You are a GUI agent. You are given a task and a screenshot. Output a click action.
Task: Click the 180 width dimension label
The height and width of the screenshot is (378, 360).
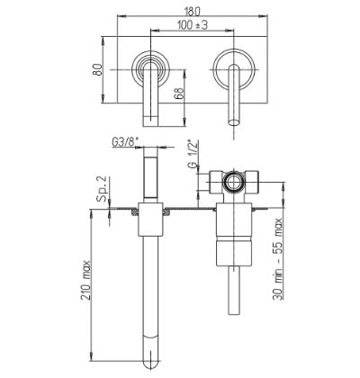[192, 12]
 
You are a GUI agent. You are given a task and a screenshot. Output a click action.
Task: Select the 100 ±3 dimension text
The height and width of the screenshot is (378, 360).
[193, 25]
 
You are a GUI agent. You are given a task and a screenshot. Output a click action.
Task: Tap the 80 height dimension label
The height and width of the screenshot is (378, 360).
[99, 69]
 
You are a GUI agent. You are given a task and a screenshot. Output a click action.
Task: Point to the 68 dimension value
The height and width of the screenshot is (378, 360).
[179, 94]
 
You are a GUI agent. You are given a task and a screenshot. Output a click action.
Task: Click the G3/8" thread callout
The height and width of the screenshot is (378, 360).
[123, 142]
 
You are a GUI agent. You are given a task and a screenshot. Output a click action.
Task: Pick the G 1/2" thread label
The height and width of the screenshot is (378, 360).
[193, 154]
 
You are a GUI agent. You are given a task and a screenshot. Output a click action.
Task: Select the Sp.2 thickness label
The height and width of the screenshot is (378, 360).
[102, 188]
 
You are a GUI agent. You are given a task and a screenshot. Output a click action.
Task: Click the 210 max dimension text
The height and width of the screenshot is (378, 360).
[86, 280]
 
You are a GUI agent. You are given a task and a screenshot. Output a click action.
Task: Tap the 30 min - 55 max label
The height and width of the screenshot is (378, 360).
[278, 259]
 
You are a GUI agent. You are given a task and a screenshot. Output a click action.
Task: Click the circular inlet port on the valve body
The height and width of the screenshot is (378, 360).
[233, 183]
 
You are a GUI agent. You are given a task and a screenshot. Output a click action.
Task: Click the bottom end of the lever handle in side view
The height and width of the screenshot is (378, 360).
[233, 312]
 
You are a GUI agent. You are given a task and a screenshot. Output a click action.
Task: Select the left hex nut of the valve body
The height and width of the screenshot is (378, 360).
[216, 182]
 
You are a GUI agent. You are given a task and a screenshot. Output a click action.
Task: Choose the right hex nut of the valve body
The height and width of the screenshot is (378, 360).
[251, 182]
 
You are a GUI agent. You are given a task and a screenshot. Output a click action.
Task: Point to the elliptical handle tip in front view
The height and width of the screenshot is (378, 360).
[234, 122]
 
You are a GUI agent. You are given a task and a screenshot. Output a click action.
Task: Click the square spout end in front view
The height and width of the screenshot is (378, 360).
[150, 121]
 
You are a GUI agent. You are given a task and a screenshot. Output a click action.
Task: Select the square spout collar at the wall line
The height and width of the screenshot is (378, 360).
[150, 219]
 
